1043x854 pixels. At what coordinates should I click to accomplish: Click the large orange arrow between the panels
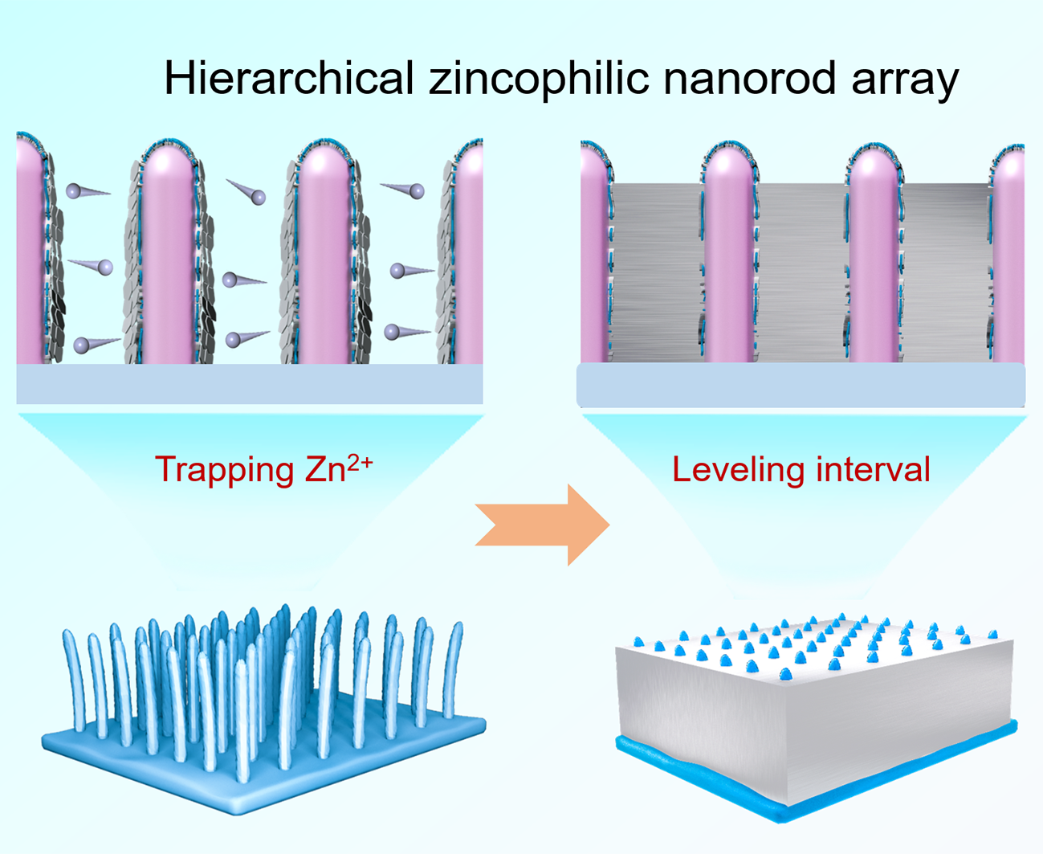[x=543, y=525]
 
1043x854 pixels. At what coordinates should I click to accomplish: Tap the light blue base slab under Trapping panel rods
[x=249, y=384]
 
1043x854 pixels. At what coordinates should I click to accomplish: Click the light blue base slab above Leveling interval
[x=801, y=385]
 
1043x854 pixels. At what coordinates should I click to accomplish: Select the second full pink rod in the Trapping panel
[x=323, y=257]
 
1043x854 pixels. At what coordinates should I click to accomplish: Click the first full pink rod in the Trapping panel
[x=167, y=257]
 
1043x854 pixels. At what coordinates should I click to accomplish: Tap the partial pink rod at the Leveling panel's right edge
[x=1009, y=257]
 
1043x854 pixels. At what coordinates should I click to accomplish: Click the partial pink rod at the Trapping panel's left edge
[x=28, y=257]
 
